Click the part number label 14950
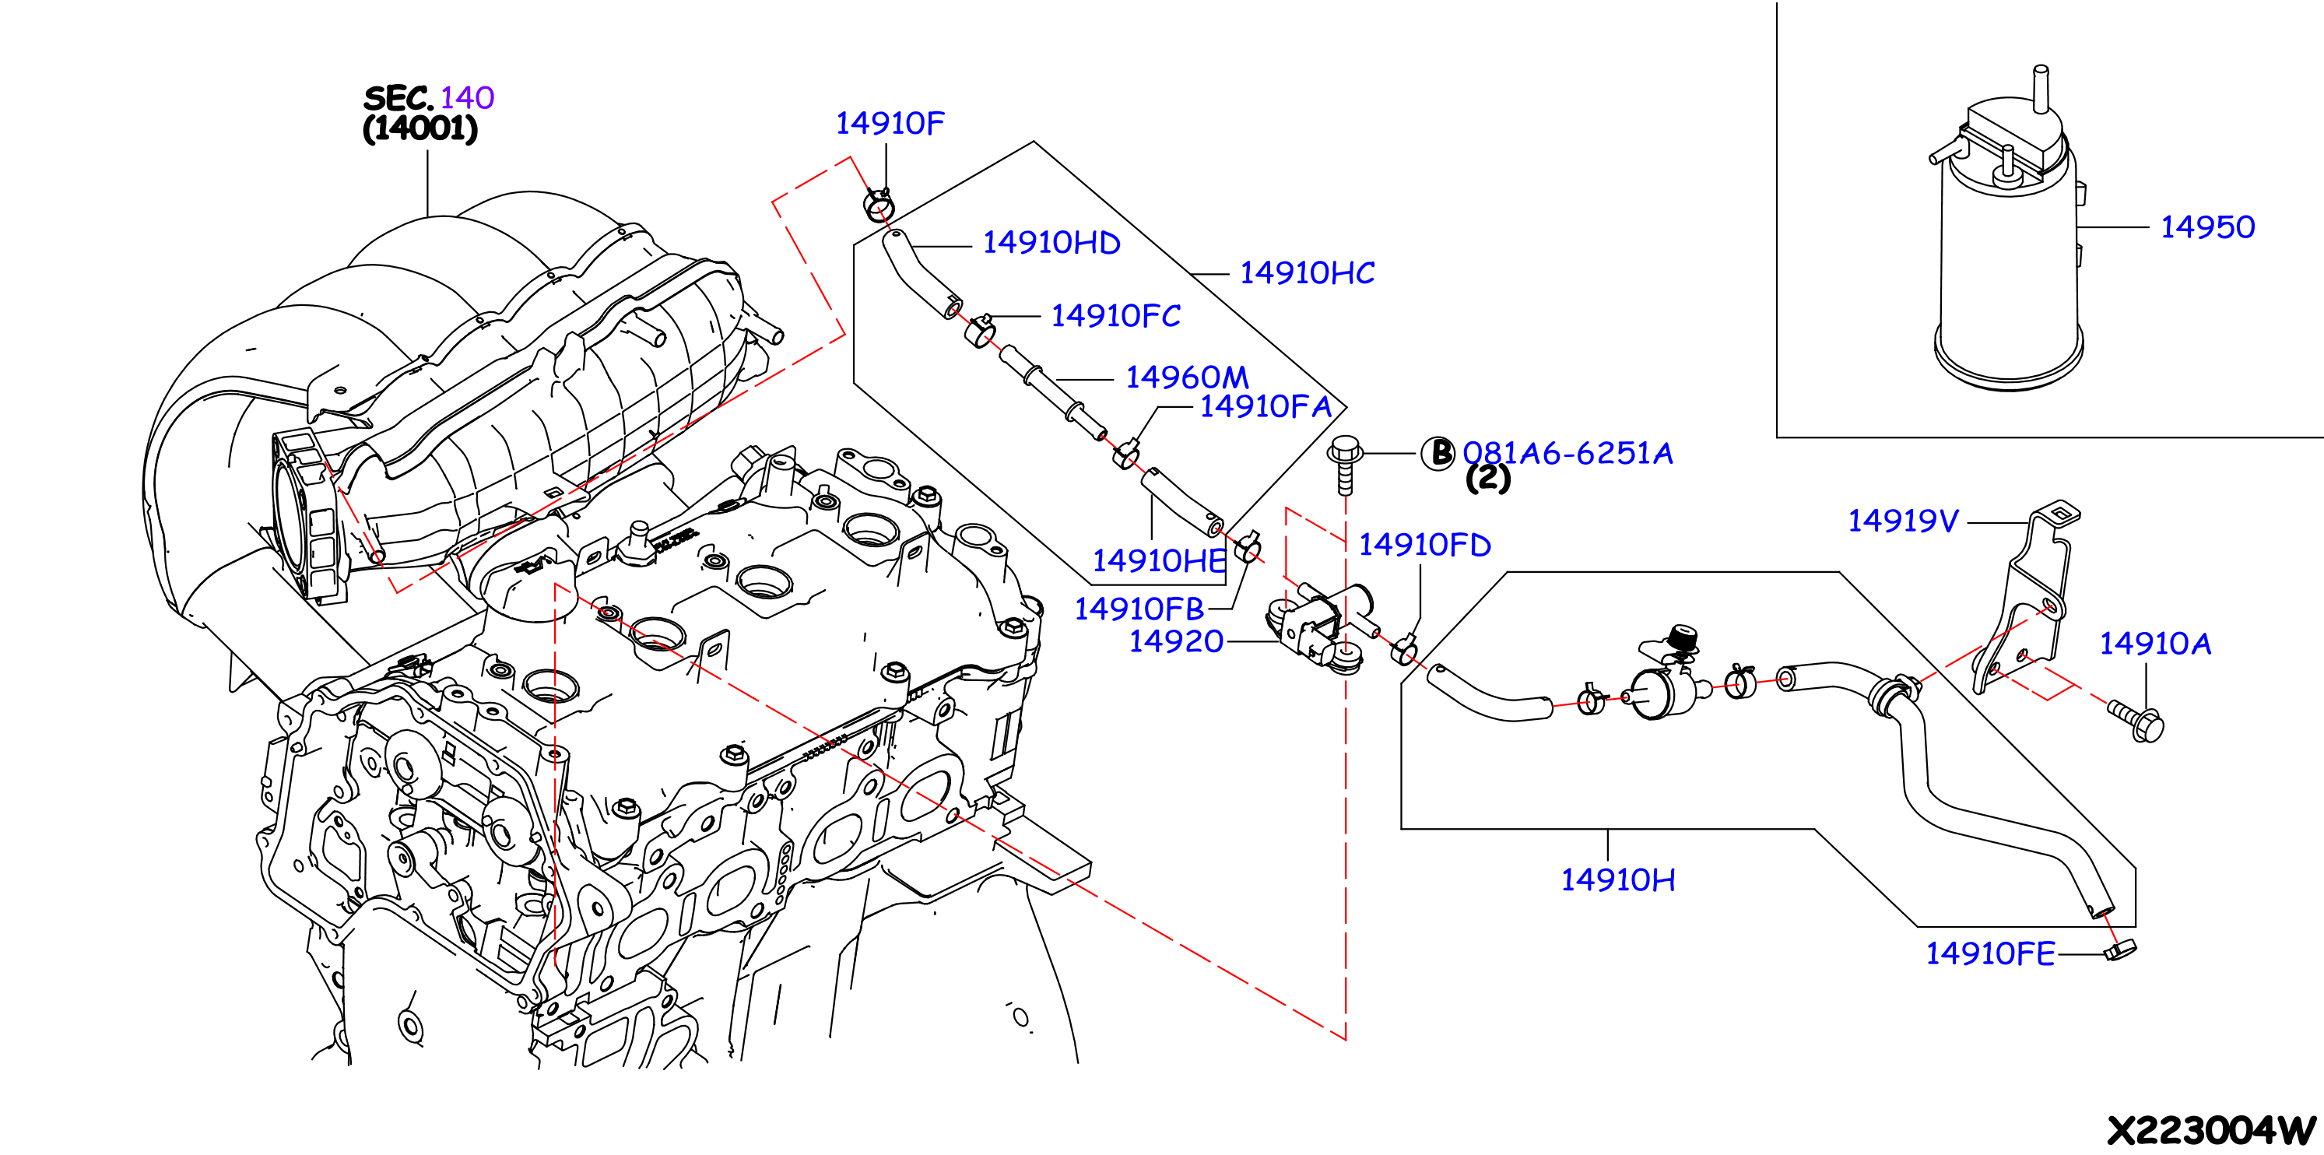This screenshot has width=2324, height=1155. click(2206, 227)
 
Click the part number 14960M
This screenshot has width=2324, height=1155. click(1186, 377)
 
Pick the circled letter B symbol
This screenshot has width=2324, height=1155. click(1438, 453)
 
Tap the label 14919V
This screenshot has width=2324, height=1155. click(1903, 521)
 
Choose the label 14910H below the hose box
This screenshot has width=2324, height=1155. click(1617, 879)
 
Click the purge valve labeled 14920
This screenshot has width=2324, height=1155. click(1319, 623)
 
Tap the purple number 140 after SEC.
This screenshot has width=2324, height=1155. click(467, 97)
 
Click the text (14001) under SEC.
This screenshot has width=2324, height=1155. click(420, 128)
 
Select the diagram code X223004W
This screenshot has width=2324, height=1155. click(2211, 1131)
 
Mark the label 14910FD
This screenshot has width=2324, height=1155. click(1424, 545)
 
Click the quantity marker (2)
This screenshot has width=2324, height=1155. click(1487, 477)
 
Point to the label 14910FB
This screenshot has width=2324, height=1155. click(1139, 609)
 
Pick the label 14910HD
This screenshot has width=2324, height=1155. click(1051, 243)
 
